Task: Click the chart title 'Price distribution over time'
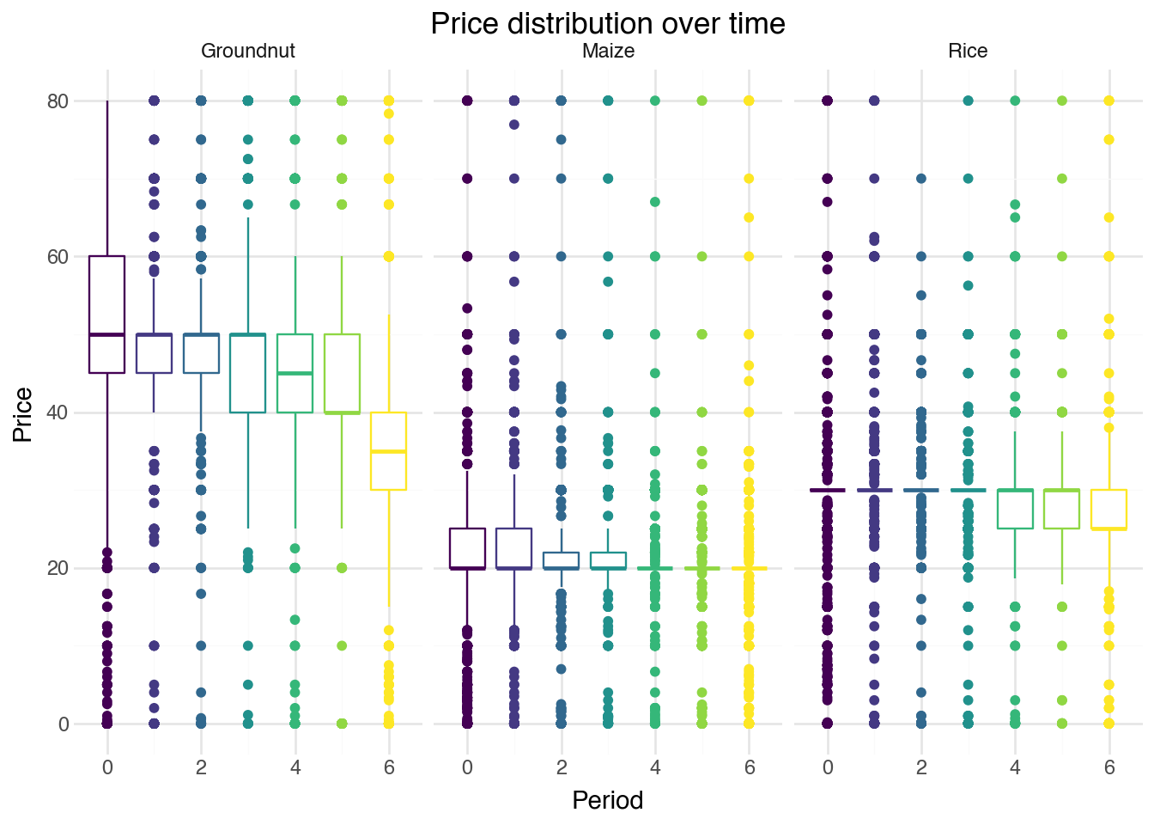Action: (x=607, y=23)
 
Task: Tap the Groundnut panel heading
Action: (x=247, y=52)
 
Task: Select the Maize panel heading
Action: (x=608, y=52)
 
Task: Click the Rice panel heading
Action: (x=968, y=52)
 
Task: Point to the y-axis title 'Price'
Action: (x=23, y=415)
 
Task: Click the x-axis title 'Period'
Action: (x=607, y=801)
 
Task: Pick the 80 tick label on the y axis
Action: (x=58, y=101)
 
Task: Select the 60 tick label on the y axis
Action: (x=58, y=257)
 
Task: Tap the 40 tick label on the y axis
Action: (x=58, y=412)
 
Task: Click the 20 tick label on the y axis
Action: (x=58, y=568)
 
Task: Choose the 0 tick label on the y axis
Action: (x=64, y=724)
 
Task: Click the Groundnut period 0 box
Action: (x=107, y=315)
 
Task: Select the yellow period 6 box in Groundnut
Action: (x=389, y=451)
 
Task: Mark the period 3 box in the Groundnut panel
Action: (x=248, y=373)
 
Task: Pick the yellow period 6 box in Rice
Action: (x=1109, y=510)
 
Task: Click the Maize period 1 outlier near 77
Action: (x=514, y=125)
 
